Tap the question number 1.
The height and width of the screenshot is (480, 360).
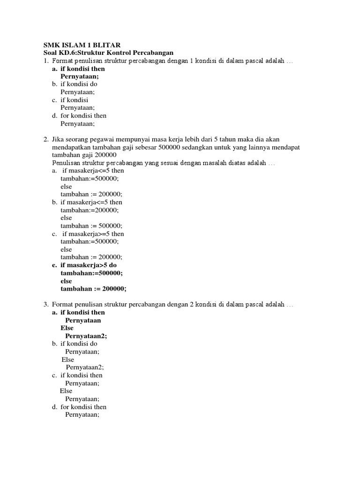point(45,61)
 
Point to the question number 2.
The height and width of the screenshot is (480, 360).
point(45,140)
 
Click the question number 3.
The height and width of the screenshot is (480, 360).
point(45,305)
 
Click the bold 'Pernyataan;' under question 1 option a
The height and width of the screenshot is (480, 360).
point(80,76)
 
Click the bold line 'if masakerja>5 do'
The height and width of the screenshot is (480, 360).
point(89,265)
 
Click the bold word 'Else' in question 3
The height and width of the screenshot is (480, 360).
point(67,328)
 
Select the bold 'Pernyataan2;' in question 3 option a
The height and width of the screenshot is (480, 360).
point(89,336)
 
